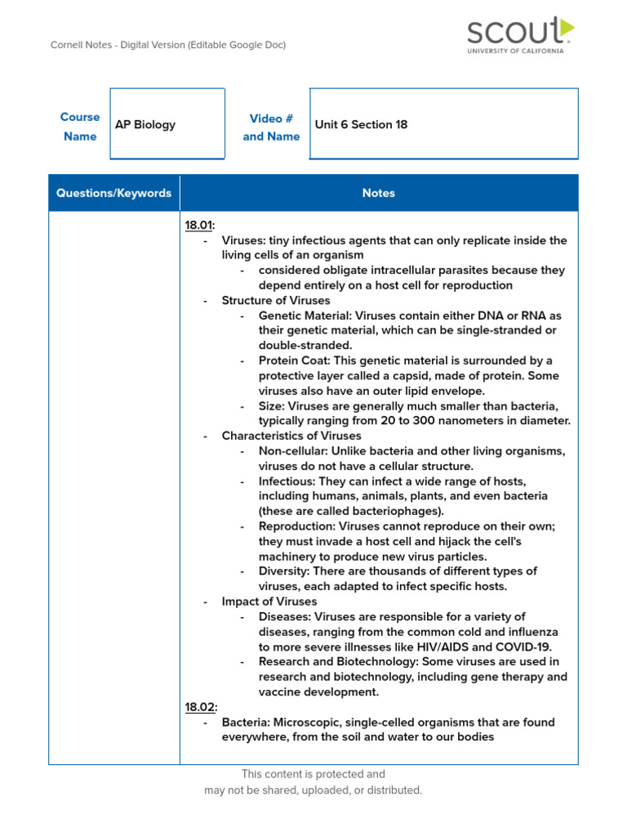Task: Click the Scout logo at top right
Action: tap(519, 35)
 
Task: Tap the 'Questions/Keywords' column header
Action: tap(113, 193)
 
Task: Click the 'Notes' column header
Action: tap(378, 193)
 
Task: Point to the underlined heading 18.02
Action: tap(200, 707)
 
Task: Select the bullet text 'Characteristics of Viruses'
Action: tap(291, 436)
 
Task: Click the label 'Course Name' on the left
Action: tap(80, 127)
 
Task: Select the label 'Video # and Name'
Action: tap(271, 127)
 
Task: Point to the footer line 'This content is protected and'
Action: tap(313, 774)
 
